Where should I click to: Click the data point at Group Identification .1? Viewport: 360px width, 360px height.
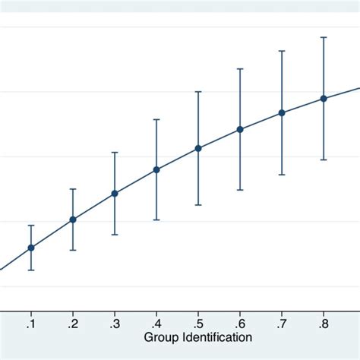point(31,248)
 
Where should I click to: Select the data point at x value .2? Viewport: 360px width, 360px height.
point(73,219)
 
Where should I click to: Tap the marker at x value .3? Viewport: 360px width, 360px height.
point(115,194)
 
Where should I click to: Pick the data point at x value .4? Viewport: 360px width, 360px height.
point(156,169)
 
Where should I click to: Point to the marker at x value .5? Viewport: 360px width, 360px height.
point(198,148)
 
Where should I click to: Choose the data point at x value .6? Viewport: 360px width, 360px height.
point(240,129)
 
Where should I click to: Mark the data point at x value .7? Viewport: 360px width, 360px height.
point(282,112)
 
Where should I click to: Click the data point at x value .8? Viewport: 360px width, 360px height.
point(324,99)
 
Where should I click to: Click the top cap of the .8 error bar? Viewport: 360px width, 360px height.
point(324,37)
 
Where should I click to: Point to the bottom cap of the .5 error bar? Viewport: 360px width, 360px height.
point(198,205)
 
